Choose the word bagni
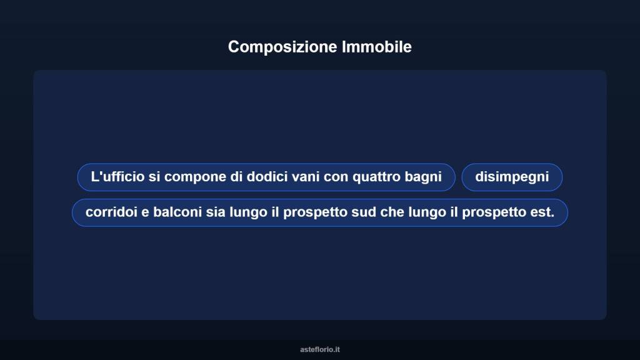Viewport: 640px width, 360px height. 423,177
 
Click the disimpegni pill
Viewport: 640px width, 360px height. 512,177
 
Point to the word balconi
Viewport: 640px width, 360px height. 177,212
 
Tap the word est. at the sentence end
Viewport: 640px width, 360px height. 542,212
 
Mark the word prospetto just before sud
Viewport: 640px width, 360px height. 313,212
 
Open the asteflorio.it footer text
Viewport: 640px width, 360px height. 319,349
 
